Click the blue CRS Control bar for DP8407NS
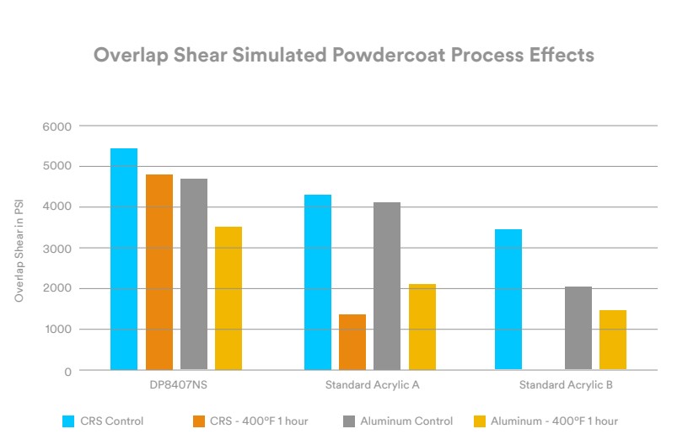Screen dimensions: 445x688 click(x=124, y=259)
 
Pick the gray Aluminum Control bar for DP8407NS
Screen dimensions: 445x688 click(x=193, y=274)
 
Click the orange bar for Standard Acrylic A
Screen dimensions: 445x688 click(x=352, y=342)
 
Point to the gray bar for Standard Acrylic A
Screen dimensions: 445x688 click(x=386, y=286)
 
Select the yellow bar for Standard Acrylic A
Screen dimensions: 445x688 click(x=422, y=327)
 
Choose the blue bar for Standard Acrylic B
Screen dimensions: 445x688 click(x=508, y=299)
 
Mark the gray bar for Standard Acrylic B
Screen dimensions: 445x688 click(x=578, y=328)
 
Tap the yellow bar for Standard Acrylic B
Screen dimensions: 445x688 click(x=612, y=340)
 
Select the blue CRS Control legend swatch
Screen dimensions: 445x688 click(x=69, y=421)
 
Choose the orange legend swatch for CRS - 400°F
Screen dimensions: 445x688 click(x=200, y=421)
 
